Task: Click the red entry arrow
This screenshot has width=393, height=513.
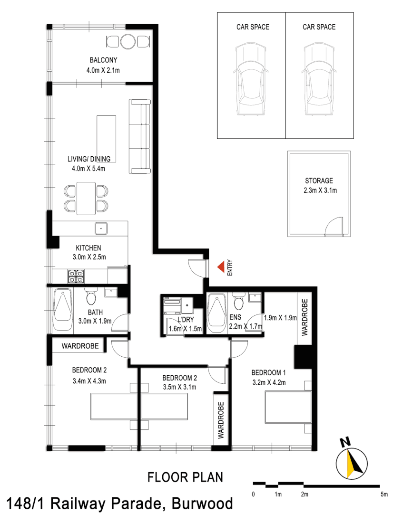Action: coord(221,268)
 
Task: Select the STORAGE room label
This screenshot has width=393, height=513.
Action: coord(319,180)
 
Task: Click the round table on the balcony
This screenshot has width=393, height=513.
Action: coord(128,42)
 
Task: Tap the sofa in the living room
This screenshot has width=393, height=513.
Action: coord(140,136)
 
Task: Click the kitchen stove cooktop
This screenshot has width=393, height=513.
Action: coord(76,276)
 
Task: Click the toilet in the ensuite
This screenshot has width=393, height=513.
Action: coord(238,301)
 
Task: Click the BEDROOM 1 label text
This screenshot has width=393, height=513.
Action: coord(269,372)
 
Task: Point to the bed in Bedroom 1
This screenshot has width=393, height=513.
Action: coord(287,408)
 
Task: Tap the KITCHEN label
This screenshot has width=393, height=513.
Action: coord(88,248)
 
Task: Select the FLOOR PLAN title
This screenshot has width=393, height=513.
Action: coord(185,476)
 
